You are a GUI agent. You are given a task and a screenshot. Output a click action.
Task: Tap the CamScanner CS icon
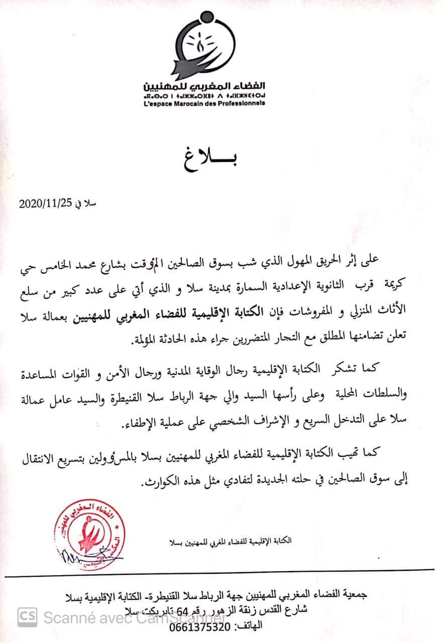click(28, 616)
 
